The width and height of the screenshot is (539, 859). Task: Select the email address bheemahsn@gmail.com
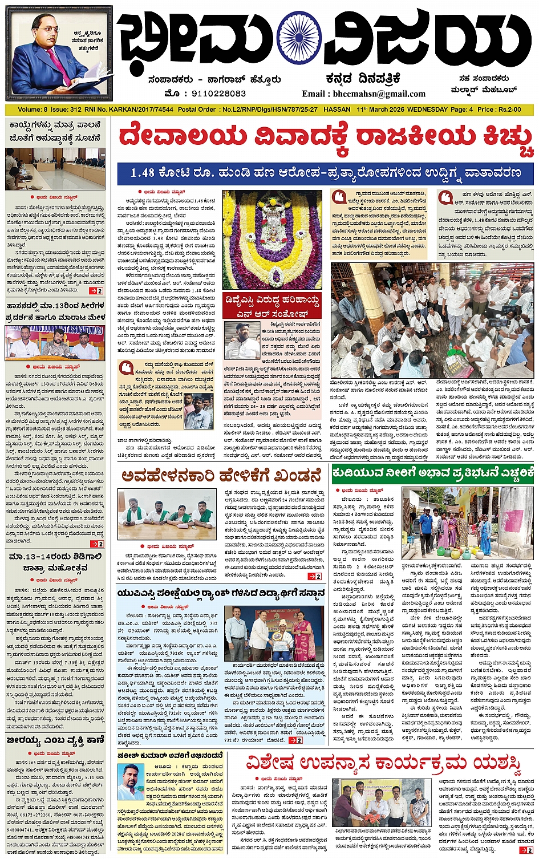[364, 94]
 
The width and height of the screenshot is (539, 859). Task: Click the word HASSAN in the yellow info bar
[337, 110]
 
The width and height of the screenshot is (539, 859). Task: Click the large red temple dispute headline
[325, 137]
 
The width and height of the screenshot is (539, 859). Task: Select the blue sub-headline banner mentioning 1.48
[325, 173]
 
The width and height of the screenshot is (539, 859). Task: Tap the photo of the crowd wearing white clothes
[432, 319]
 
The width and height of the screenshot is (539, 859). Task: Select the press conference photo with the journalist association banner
[55, 343]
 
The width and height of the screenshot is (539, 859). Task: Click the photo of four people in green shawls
[167, 514]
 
